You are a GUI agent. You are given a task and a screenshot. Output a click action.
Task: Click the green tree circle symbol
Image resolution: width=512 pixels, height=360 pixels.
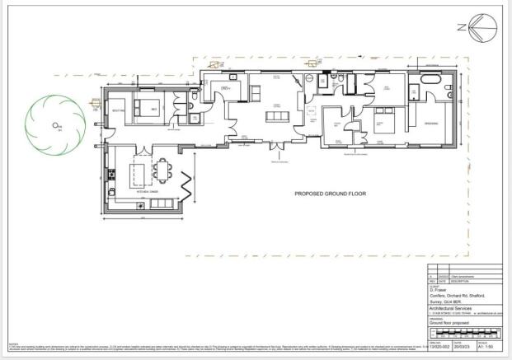click(x=55, y=125)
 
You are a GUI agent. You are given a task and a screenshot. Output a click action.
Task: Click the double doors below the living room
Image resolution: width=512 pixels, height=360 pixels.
click(x=276, y=148)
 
